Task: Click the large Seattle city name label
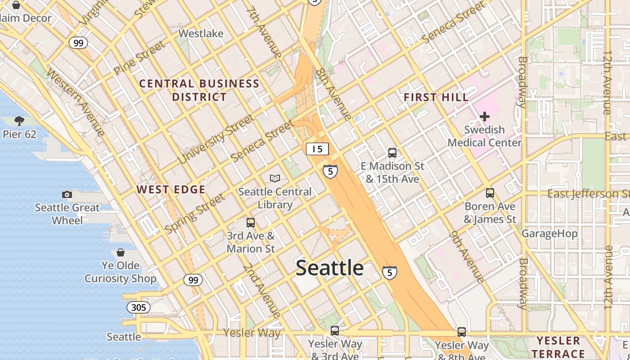point(330,268)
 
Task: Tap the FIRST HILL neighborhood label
point(436,97)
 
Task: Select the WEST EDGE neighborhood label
point(171,189)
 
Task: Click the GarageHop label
point(549,234)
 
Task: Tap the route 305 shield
point(139,307)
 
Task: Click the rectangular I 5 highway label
point(317,149)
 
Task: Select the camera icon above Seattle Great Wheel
point(67,194)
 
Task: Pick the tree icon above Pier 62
point(19,121)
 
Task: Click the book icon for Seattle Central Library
point(275,178)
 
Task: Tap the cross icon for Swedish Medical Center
point(485,117)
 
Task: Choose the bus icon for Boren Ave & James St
point(490,193)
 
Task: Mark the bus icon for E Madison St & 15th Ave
point(392,153)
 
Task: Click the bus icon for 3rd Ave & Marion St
point(251,222)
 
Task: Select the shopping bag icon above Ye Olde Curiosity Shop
point(120,252)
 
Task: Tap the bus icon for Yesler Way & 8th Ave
point(462,332)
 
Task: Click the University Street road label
point(216,139)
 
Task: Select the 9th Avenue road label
point(467,256)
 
